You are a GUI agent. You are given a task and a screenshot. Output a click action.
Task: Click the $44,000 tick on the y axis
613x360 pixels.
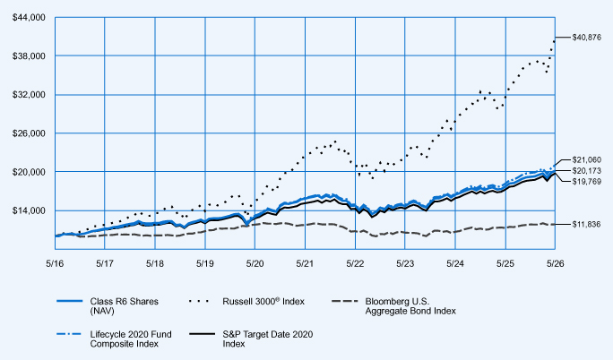29,18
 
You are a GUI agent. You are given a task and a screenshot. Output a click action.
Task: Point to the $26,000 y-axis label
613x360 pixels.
29,133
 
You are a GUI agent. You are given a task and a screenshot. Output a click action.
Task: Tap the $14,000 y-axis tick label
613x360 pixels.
29,210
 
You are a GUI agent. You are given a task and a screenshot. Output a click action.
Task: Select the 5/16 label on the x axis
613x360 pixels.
55,263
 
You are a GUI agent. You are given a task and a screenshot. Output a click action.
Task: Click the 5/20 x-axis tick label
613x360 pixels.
255,263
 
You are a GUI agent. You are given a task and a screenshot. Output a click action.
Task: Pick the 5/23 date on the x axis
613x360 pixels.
405,263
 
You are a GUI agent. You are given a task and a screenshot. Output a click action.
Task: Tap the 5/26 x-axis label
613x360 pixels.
555,263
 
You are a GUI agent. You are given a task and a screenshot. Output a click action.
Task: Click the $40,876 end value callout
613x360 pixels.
587,38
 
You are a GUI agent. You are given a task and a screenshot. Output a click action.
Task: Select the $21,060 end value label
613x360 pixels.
587,159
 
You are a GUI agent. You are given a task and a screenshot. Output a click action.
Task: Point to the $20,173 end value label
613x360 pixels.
587,171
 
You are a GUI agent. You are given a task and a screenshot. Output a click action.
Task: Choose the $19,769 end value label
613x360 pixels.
587,182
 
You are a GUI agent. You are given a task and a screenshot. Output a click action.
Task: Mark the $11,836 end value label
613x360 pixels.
586,225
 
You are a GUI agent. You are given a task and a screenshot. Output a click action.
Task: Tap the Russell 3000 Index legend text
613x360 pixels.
263,302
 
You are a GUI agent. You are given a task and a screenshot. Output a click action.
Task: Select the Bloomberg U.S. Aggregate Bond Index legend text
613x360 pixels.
410,306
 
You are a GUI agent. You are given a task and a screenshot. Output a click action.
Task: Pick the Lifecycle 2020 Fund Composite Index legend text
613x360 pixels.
131,339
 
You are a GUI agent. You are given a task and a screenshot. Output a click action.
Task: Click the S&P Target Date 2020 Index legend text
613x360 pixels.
268,339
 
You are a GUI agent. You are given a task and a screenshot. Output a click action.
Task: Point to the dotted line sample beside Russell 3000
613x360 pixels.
199,302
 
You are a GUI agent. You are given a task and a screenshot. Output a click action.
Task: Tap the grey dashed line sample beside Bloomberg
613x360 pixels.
344,302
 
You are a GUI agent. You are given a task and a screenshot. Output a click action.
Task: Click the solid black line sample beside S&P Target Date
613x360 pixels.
203,334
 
